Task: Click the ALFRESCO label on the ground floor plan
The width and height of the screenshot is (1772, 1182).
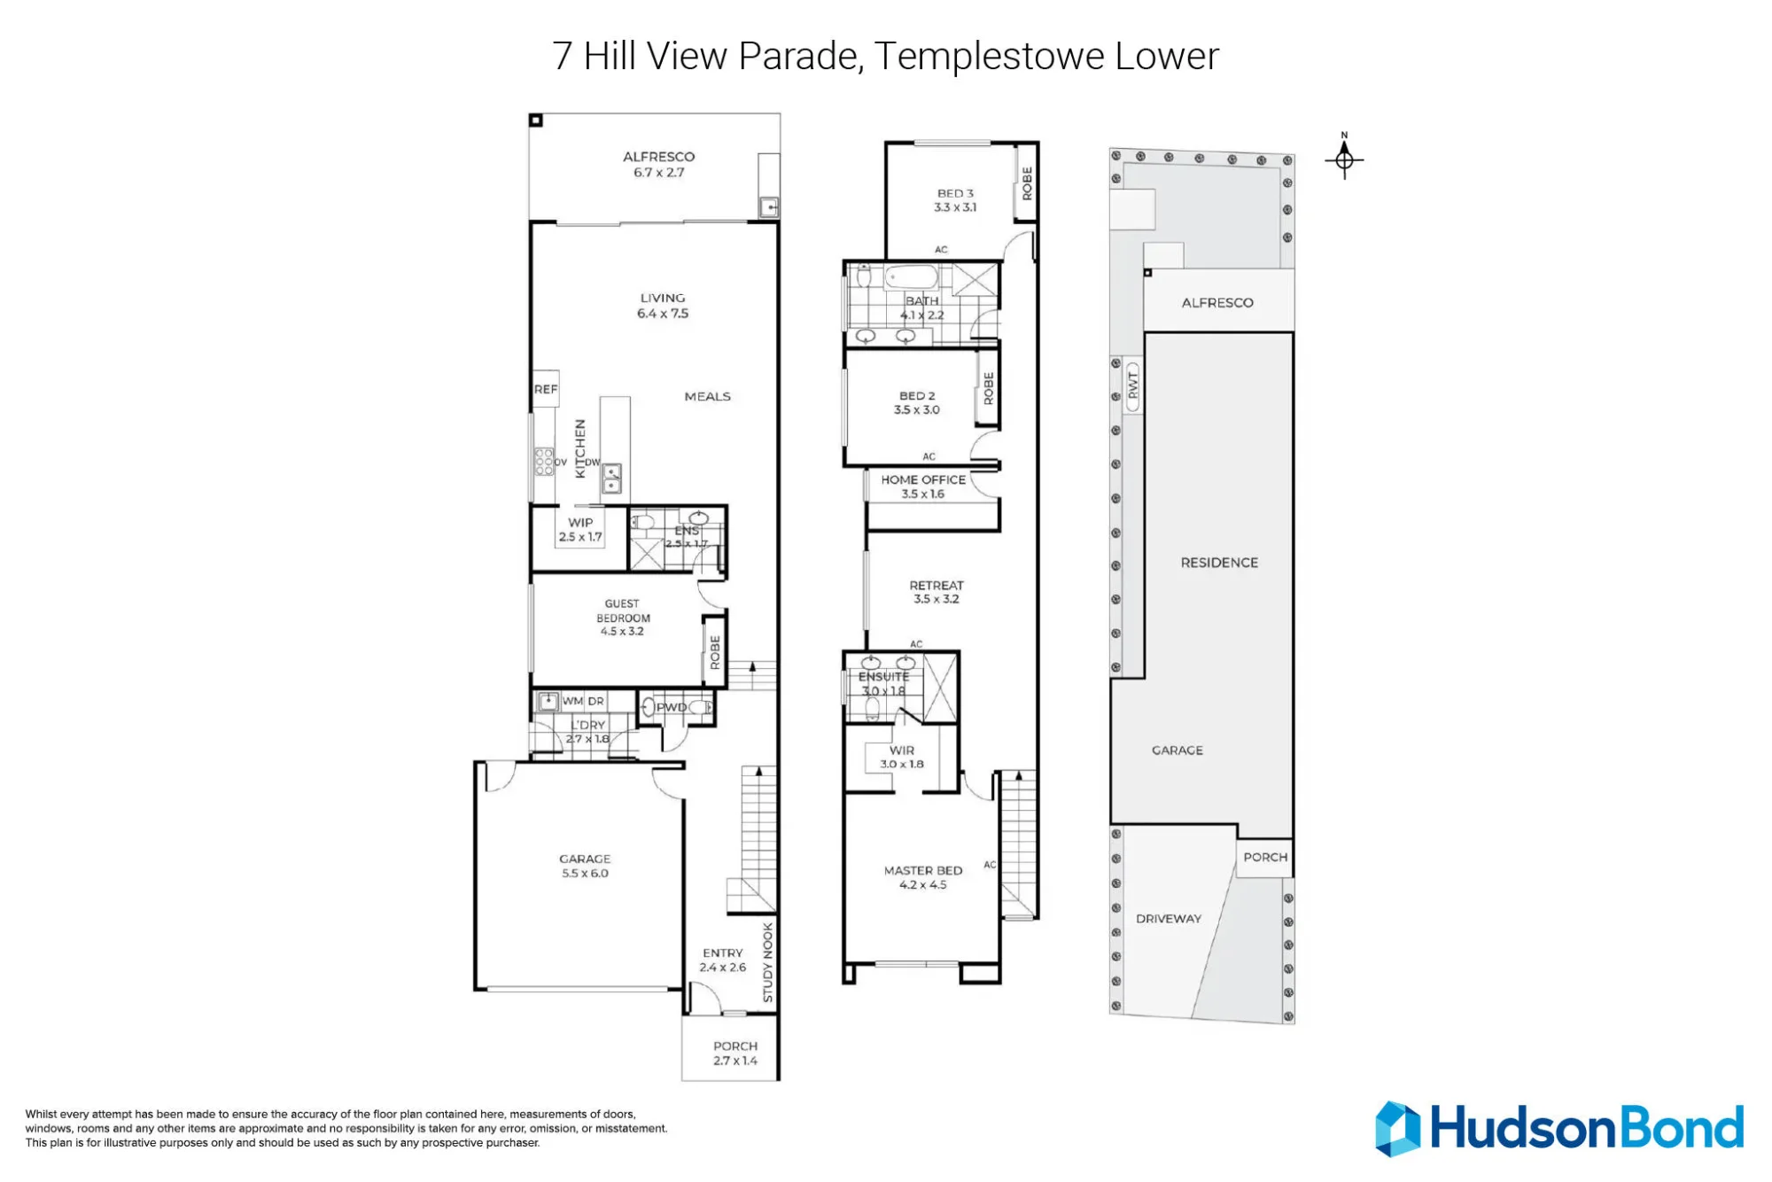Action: (658, 157)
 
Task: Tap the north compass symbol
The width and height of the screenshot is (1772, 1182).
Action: (1344, 158)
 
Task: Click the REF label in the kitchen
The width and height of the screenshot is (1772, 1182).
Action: (546, 389)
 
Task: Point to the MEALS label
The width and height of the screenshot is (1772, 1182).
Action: (707, 396)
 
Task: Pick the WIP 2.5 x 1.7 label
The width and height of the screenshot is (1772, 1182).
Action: (580, 530)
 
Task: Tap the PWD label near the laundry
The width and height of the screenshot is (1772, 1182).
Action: (671, 707)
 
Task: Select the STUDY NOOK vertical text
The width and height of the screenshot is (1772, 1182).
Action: (768, 962)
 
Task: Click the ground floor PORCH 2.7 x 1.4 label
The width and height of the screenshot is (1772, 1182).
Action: (735, 1054)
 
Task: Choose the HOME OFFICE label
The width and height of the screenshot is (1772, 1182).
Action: (923, 479)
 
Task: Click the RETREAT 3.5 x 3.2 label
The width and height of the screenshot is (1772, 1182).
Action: (937, 592)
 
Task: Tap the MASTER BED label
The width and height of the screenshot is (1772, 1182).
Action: (923, 871)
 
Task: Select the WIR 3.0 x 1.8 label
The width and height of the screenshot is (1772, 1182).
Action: (902, 757)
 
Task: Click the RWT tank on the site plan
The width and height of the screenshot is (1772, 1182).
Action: (1132, 385)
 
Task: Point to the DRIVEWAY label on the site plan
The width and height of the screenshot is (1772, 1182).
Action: (1169, 919)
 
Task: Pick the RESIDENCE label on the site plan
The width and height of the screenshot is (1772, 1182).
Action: (1219, 563)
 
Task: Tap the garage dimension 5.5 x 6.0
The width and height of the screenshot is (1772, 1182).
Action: (585, 874)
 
